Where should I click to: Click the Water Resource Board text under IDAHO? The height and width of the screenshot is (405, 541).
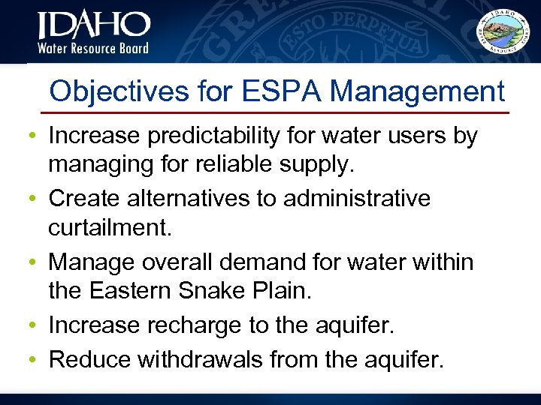tap(93, 49)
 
